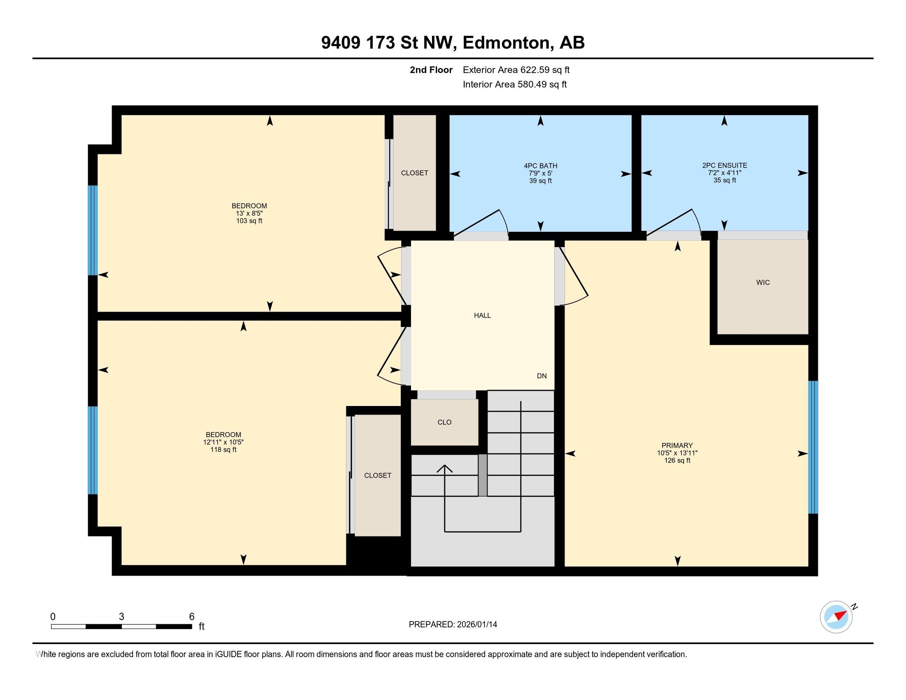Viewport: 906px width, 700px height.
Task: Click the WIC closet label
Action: [762, 282]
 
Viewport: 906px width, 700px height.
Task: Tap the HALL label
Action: [482, 315]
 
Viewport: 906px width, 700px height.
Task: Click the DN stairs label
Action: [542, 376]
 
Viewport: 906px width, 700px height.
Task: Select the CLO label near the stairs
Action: [444, 422]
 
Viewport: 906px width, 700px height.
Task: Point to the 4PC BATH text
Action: [540, 166]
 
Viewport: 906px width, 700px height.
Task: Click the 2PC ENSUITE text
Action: [724, 166]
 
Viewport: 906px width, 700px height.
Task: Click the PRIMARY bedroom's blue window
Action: [813, 447]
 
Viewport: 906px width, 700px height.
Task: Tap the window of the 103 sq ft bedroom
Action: [93, 230]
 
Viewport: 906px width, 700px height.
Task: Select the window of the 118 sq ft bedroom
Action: [93, 450]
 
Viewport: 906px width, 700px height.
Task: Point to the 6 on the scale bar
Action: [191, 616]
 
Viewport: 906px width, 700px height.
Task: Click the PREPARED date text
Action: [453, 624]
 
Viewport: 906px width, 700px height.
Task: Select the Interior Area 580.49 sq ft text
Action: [514, 84]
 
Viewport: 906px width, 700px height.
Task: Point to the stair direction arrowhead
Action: [445, 469]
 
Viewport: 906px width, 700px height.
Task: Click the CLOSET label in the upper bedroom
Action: [414, 173]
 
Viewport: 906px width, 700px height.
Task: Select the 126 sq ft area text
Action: [677, 460]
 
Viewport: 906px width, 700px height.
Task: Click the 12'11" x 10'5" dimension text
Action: [223, 442]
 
